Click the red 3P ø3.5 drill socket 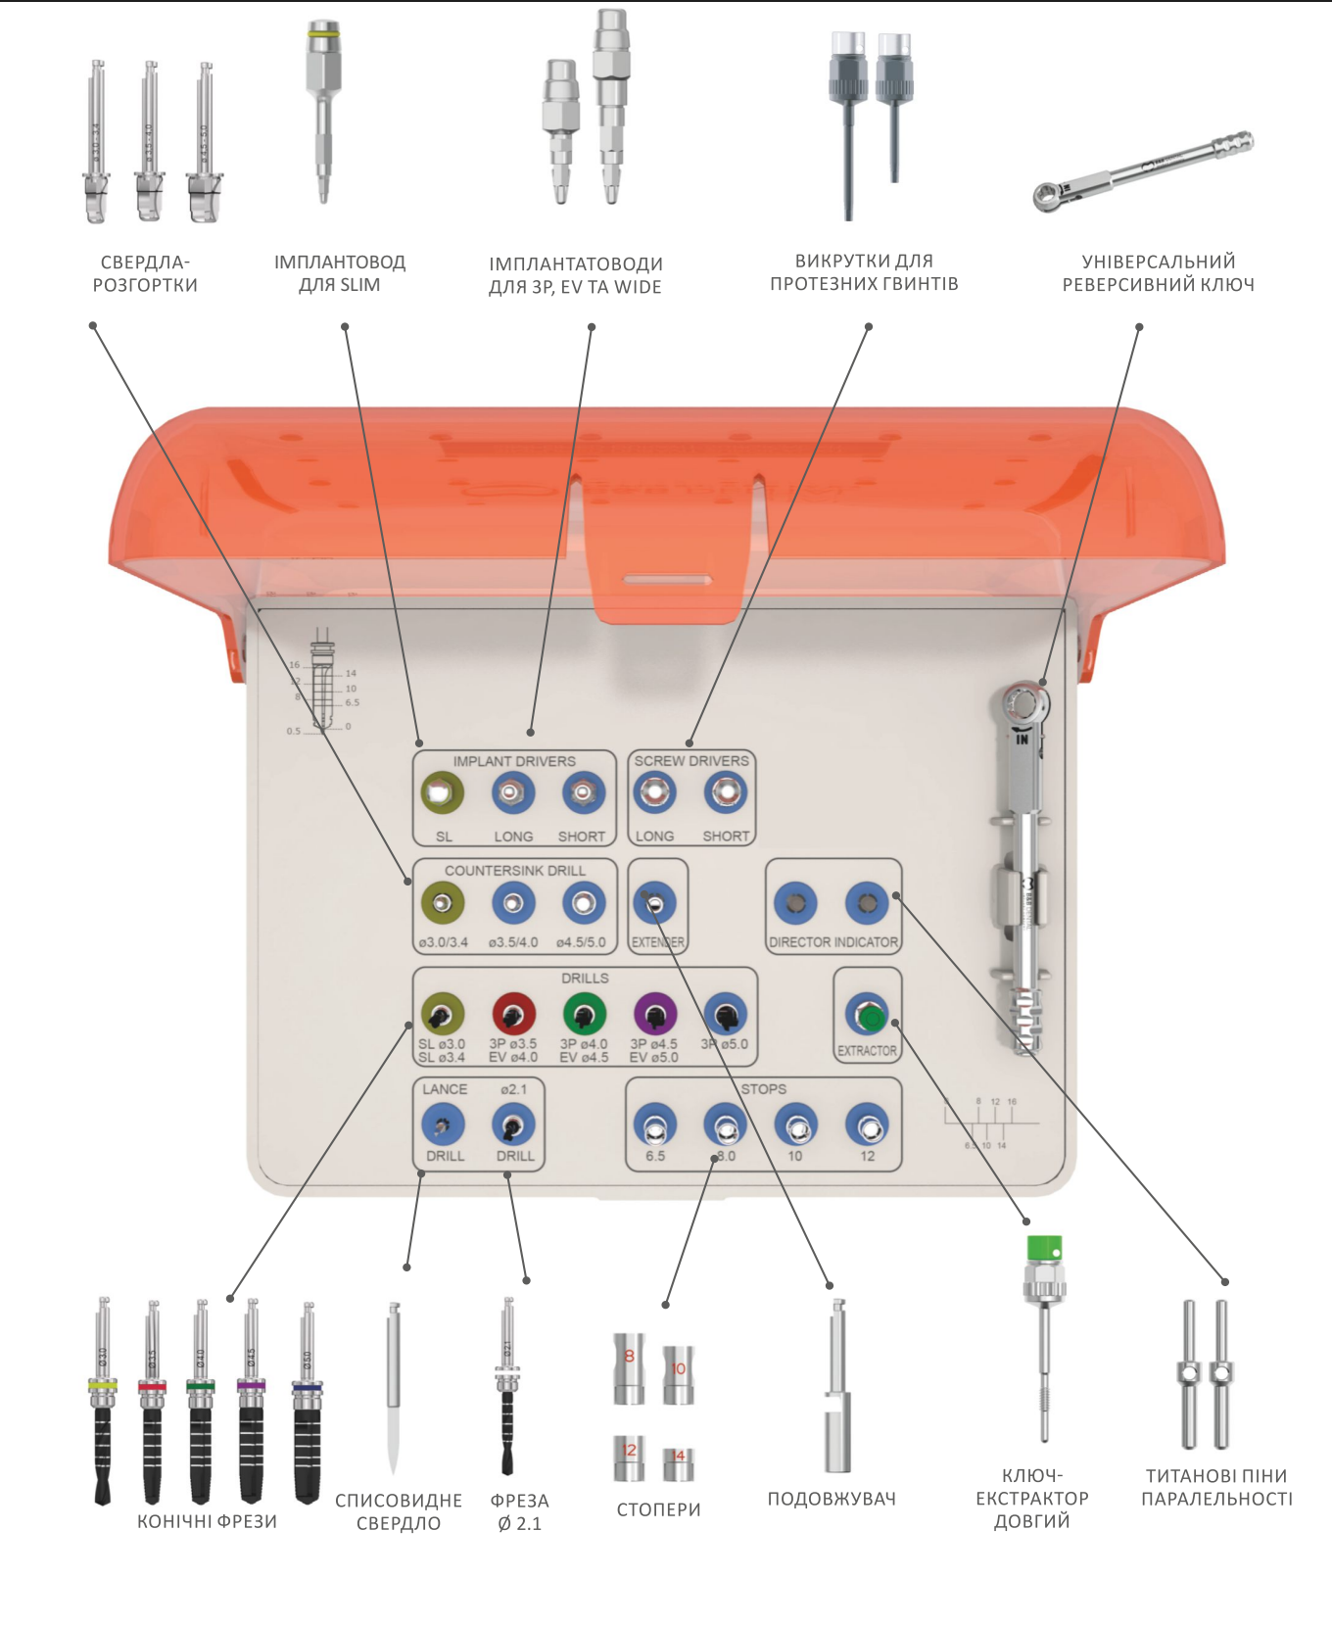pyautogui.click(x=513, y=1014)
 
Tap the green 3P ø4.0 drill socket pyautogui.click(x=585, y=1014)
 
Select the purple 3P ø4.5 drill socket pyautogui.click(x=655, y=1014)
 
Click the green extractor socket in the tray pyautogui.click(x=868, y=1016)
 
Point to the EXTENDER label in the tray pyautogui.click(x=657, y=942)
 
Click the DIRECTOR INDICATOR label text pyautogui.click(x=833, y=942)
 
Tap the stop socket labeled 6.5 pyautogui.click(x=655, y=1125)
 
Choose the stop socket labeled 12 pyautogui.click(x=867, y=1125)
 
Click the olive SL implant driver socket pyautogui.click(x=443, y=792)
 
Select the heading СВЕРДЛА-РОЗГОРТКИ pyautogui.click(x=145, y=273)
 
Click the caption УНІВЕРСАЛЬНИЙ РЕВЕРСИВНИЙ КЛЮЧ pyautogui.click(x=1158, y=273)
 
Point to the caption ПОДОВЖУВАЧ pyautogui.click(x=832, y=1499)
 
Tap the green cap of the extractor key pyautogui.click(x=1043, y=1249)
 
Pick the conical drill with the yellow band pyautogui.click(x=103, y=1401)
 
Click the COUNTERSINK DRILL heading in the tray pyautogui.click(x=514, y=871)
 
